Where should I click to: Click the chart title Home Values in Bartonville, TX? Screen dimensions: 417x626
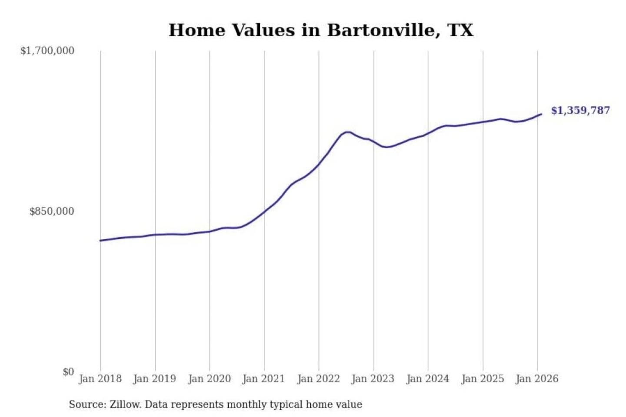[321, 30]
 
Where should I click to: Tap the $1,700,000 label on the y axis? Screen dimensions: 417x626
[47, 51]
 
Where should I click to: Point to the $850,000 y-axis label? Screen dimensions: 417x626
[52, 212]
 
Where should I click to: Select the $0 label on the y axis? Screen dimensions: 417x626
[68, 372]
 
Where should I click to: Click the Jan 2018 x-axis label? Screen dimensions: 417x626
[100, 379]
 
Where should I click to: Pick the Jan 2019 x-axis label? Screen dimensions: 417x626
[154, 379]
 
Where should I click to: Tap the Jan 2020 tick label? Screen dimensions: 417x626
[209, 379]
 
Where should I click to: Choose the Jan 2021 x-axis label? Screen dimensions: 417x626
[263, 379]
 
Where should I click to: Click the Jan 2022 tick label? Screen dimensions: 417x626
[318, 379]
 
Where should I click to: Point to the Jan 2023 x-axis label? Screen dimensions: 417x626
[373, 379]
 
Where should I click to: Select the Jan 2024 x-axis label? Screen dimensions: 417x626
[427, 379]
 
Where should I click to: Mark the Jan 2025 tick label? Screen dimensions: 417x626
[483, 379]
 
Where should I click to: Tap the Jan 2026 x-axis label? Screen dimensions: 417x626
[537, 379]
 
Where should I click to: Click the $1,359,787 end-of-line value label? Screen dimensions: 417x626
[580, 110]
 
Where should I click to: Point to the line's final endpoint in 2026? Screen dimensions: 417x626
[541, 114]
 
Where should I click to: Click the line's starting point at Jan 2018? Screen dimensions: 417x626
[100, 241]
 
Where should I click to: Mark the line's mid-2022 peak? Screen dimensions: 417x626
[347, 132]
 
